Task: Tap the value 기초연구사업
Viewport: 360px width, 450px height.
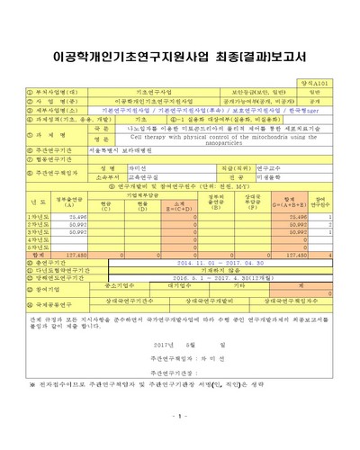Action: click(x=153, y=91)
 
